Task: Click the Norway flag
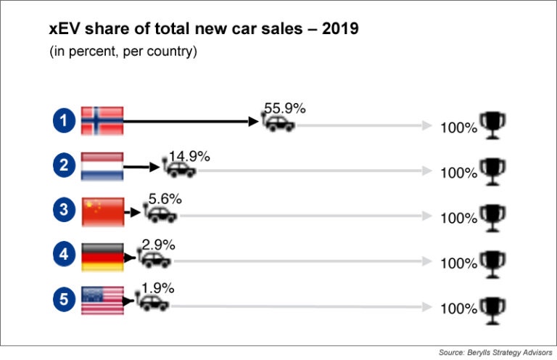click(x=102, y=121)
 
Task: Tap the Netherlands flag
click(x=102, y=166)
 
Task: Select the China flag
click(x=102, y=211)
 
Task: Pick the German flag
click(x=102, y=256)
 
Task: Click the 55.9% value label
click(x=284, y=108)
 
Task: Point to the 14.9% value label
click(x=189, y=155)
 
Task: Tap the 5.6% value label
click(x=165, y=198)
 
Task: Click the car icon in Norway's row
click(x=278, y=123)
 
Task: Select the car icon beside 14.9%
click(x=180, y=169)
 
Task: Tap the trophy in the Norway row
click(x=493, y=124)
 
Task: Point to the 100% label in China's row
click(x=459, y=218)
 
